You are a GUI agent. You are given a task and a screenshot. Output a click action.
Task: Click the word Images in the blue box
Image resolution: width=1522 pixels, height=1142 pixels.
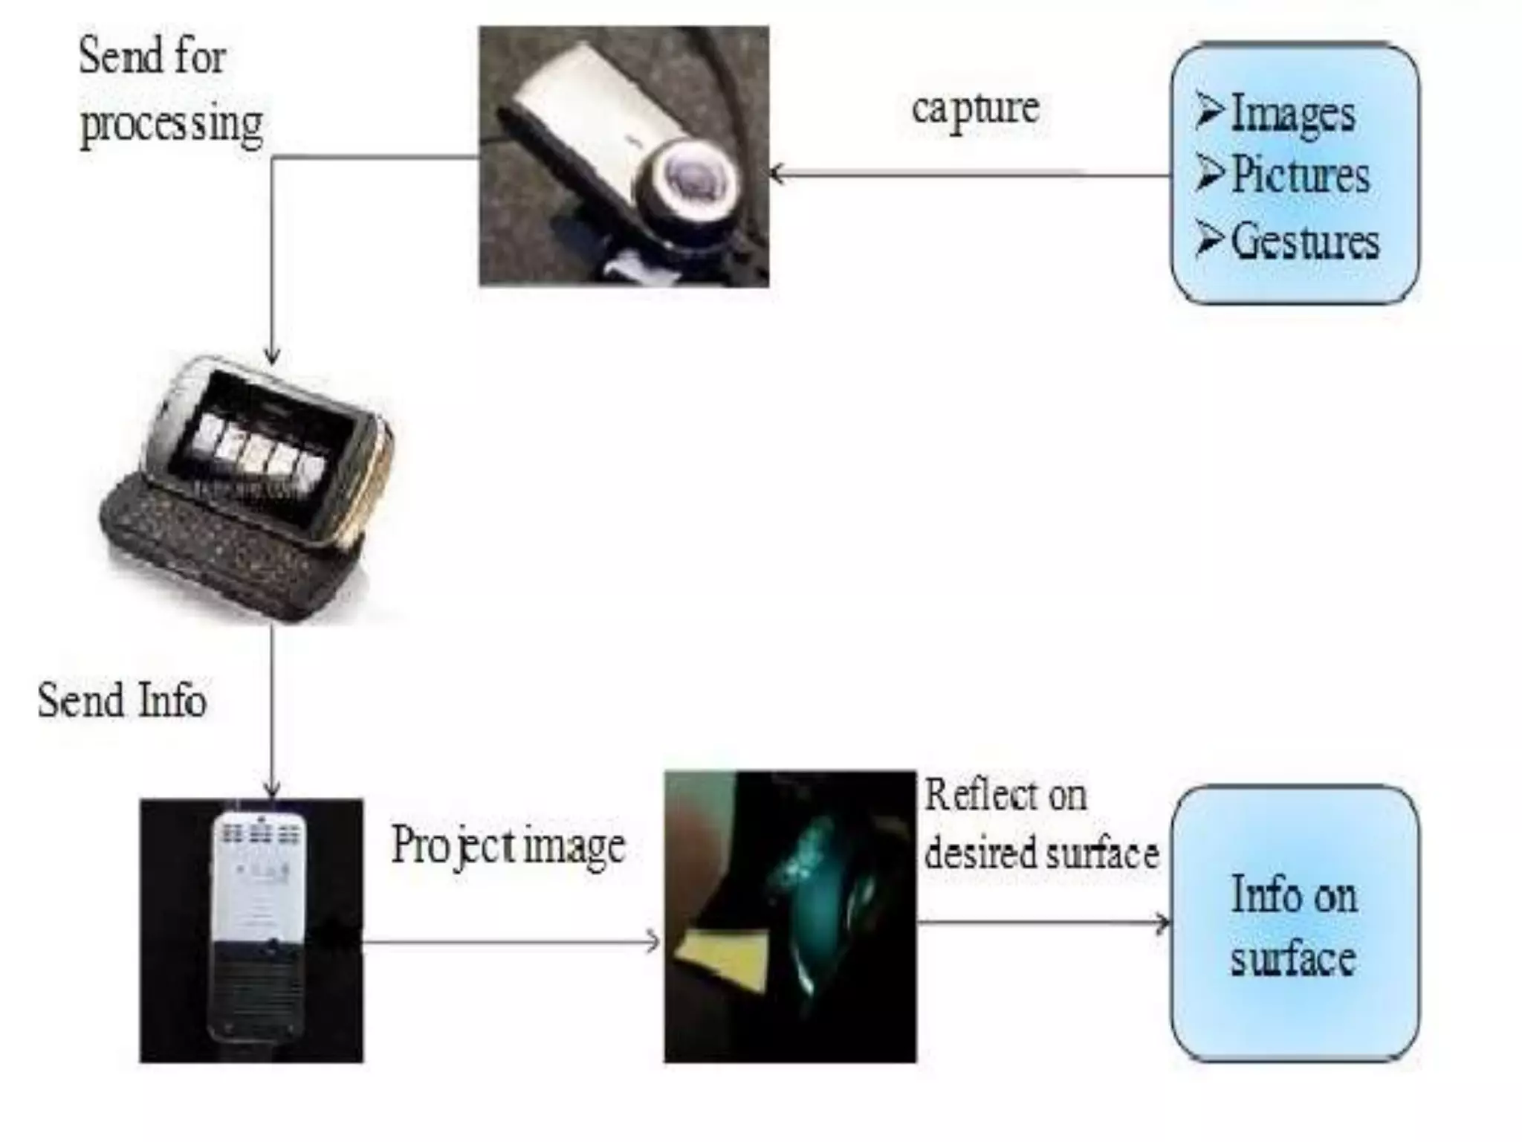pyautogui.click(x=1293, y=113)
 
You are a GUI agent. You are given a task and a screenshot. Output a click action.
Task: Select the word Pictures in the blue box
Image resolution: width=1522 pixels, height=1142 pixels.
pyautogui.click(x=1301, y=175)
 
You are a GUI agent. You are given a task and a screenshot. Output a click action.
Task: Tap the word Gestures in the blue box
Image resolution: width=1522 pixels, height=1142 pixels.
pyautogui.click(x=1305, y=241)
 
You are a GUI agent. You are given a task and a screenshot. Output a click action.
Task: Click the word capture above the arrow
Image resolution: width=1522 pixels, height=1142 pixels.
pyautogui.click(x=975, y=109)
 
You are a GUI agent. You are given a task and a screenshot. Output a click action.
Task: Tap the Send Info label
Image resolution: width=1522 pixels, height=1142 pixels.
pyautogui.click(x=122, y=700)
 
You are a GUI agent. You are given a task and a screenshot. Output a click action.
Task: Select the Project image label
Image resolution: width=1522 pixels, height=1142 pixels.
pyautogui.click(x=508, y=846)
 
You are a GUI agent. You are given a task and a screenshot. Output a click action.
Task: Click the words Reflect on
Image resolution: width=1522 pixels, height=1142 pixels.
pyautogui.click(x=1006, y=796)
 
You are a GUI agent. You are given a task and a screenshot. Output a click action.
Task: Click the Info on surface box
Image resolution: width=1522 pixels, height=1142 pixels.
pyautogui.click(x=1295, y=923)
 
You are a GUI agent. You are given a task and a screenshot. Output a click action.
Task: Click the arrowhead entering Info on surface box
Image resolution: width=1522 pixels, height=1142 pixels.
pyautogui.click(x=1164, y=923)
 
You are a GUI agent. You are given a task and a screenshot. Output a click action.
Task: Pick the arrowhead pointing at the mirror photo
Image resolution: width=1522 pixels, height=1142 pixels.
pyautogui.click(x=654, y=942)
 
